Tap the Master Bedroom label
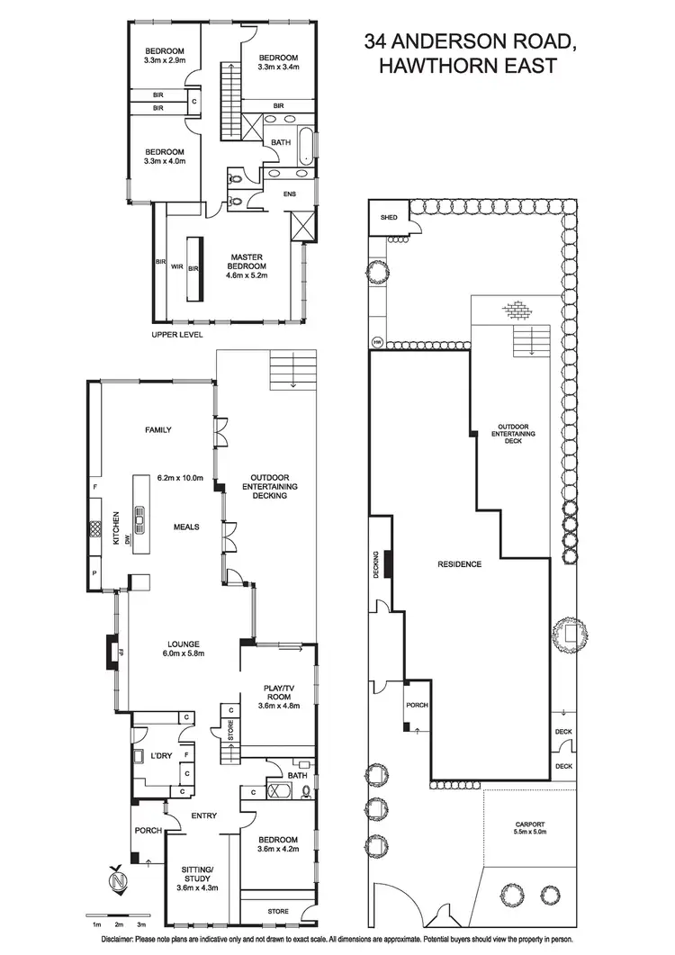coord(246,262)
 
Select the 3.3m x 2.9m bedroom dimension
coord(164,61)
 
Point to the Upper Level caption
coord(178,334)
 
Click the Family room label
coord(157,430)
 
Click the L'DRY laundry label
coord(161,755)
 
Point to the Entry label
coord(204,816)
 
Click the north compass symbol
coord(117,880)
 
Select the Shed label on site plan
coord(389,218)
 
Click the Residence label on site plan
coord(459,564)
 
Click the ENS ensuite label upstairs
coord(289,194)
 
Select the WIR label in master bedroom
coord(177,266)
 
